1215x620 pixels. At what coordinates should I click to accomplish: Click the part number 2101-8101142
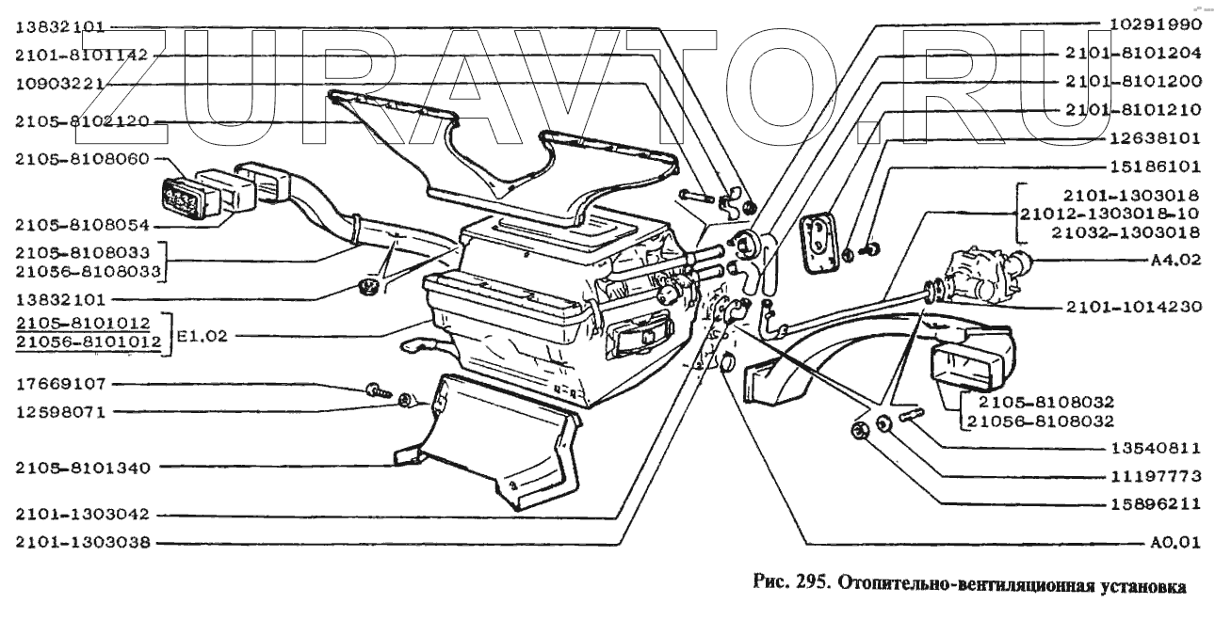(x=81, y=56)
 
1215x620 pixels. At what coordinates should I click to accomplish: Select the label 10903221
(x=58, y=84)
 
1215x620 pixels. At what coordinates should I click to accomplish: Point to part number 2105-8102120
(x=81, y=121)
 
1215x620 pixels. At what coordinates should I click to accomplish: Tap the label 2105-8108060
(x=81, y=160)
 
